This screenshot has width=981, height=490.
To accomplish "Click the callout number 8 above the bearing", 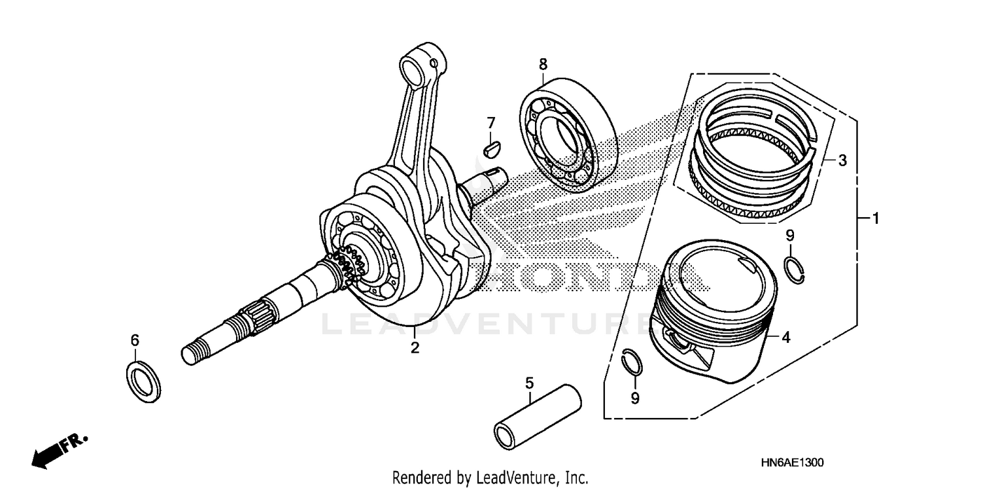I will (543, 64).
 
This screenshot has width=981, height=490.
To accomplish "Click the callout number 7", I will (490, 122).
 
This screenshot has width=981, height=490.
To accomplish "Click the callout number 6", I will (135, 340).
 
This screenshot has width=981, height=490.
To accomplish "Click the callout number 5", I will (530, 381).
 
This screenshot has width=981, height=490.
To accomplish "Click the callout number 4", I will (786, 338).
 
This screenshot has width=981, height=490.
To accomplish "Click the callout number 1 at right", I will (875, 218).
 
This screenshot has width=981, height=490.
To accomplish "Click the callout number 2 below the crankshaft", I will (415, 347).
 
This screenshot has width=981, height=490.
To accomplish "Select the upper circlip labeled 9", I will (794, 269).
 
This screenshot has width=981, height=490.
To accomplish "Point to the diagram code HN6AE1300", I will (792, 463).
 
